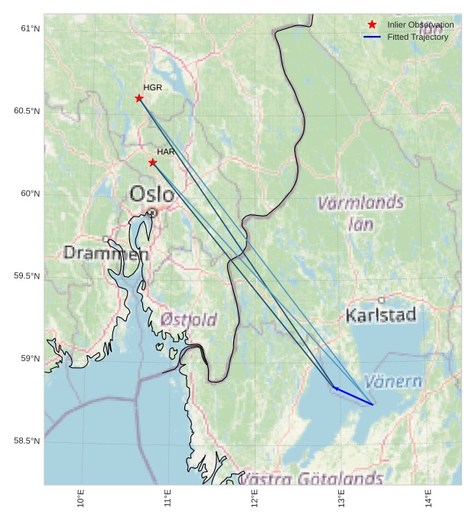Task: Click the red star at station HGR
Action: pos(139,98)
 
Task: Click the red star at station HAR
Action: pos(153,162)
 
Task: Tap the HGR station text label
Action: pos(153,88)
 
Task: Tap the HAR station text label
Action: pos(166,152)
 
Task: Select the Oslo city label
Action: pos(151,194)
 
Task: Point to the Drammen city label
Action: pos(106,252)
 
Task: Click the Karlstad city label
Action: pos(381,314)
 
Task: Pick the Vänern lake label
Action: pos(392,381)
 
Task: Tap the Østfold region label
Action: pos(188,320)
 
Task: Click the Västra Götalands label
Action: pos(311,479)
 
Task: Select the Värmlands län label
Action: pos(360,213)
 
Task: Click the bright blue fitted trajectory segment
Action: pos(353,396)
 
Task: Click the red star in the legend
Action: pos(372,25)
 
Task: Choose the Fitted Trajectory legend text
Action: pos(418,37)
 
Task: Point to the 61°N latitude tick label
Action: pos(30,28)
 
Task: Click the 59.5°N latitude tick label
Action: pos(27,276)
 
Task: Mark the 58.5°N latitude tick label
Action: pos(27,441)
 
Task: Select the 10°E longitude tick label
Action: pos(81,498)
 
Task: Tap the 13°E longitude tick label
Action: pos(342,498)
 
